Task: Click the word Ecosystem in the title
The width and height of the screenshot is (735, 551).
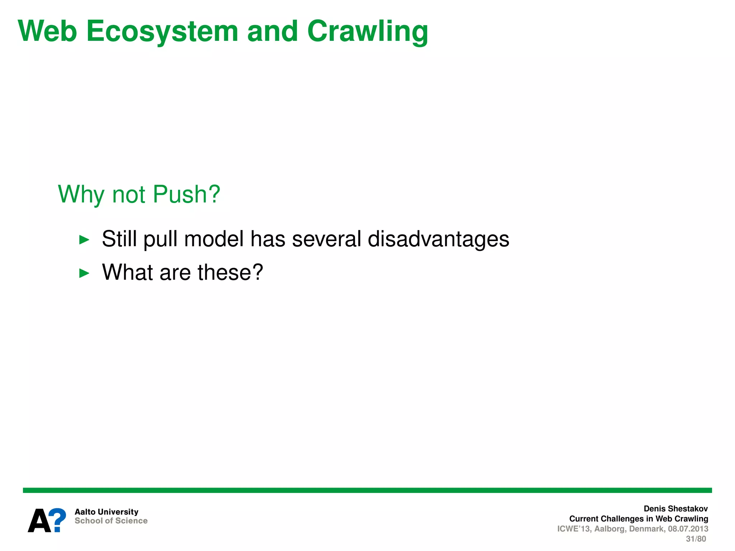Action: [x=162, y=32]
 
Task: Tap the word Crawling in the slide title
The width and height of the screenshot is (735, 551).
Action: [x=367, y=32]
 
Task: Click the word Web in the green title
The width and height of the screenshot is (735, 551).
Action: [x=47, y=32]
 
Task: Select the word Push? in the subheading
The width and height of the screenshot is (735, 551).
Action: [x=186, y=194]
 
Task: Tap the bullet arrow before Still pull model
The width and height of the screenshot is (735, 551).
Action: [x=84, y=240]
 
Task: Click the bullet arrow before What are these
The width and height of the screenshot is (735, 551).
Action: [x=84, y=273]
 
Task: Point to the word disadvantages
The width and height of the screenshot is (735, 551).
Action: [x=438, y=239]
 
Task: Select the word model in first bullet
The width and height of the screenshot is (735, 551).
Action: [x=214, y=239]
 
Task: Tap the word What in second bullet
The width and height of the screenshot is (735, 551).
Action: [x=128, y=272]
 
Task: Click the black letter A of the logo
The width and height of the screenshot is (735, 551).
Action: [x=39, y=521]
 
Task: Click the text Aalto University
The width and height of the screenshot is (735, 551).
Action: [x=106, y=512]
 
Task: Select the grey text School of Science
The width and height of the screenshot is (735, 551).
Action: [x=111, y=521]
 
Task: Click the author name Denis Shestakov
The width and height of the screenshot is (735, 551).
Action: [x=675, y=509]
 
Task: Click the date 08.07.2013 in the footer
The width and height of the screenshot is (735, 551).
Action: [x=688, y=529]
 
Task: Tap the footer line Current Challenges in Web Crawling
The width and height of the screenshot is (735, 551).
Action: [x=638, y=519]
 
